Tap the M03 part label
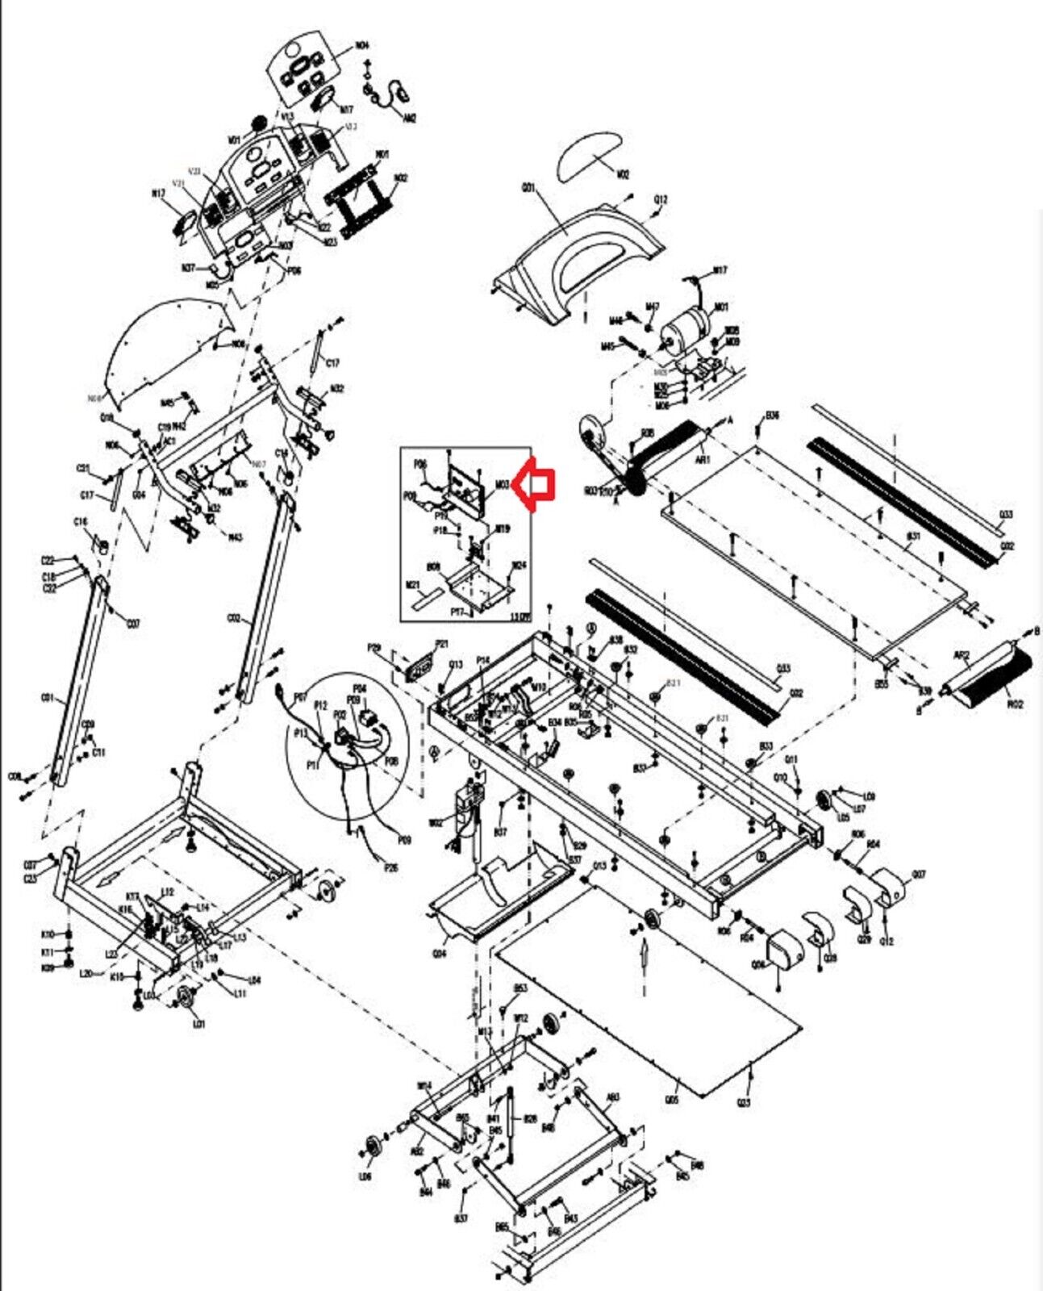[x=502, y=485]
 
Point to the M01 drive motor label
[x=721, y=307]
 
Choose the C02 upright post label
[x=234, y=619]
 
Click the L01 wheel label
[x=198, y=1025]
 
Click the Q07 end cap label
[x=918, y=874]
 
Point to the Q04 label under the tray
[x=440, y=953]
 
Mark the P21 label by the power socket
[x=441, y=644]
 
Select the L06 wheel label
[x=365, y=1177]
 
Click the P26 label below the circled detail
[x=391, y=867]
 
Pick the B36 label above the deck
[x=772, y=416]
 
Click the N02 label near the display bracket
[x=401, y=178]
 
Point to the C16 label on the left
[x=81, y=523]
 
